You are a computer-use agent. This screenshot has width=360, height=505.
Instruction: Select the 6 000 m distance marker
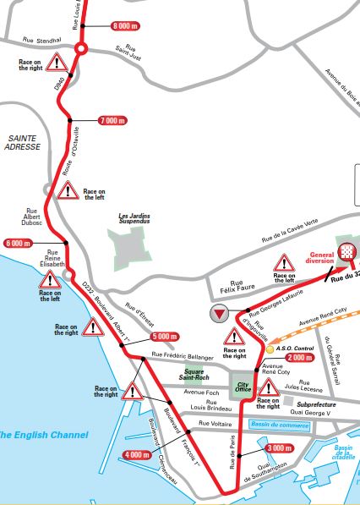tap(17, 244)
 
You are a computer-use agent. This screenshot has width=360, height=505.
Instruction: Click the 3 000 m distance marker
tap(279, 447)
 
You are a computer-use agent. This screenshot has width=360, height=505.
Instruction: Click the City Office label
tap(243, 389)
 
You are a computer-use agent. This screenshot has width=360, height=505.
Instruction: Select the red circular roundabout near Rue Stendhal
tap(80, 50)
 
